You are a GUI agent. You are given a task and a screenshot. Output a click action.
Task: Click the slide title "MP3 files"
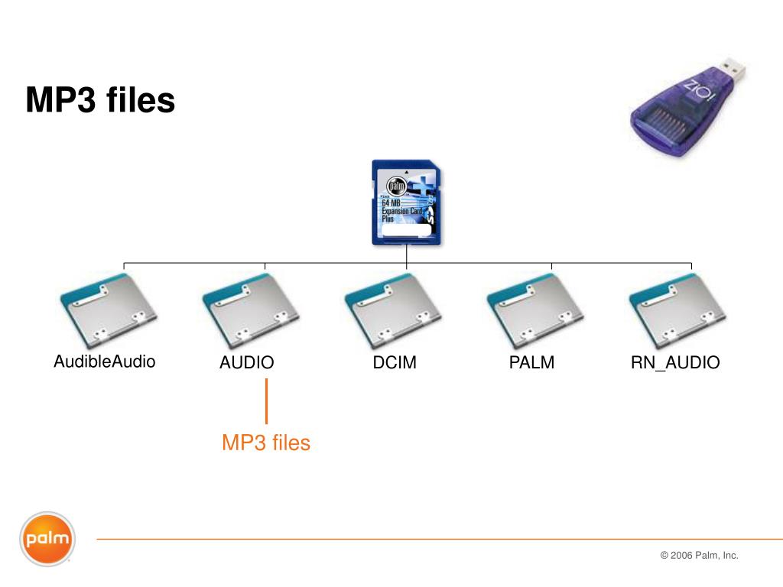[100, 100]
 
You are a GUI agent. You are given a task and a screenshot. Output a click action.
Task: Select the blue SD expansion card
[406, 203]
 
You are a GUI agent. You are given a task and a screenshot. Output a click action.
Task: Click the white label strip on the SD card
[406, 232]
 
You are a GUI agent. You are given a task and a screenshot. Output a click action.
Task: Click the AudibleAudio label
[105, 362]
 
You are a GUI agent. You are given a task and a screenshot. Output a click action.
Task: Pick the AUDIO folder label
[246, 363]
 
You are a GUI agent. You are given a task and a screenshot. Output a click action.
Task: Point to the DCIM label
[395, 363]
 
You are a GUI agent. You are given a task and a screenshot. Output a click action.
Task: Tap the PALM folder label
[531, 363]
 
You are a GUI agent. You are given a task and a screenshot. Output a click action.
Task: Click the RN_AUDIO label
[675, 363]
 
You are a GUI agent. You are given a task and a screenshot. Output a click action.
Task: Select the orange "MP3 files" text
[266, 443]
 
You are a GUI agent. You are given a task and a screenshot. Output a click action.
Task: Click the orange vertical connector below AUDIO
[266, 401]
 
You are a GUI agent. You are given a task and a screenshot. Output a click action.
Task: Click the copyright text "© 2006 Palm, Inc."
[699, 556]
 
